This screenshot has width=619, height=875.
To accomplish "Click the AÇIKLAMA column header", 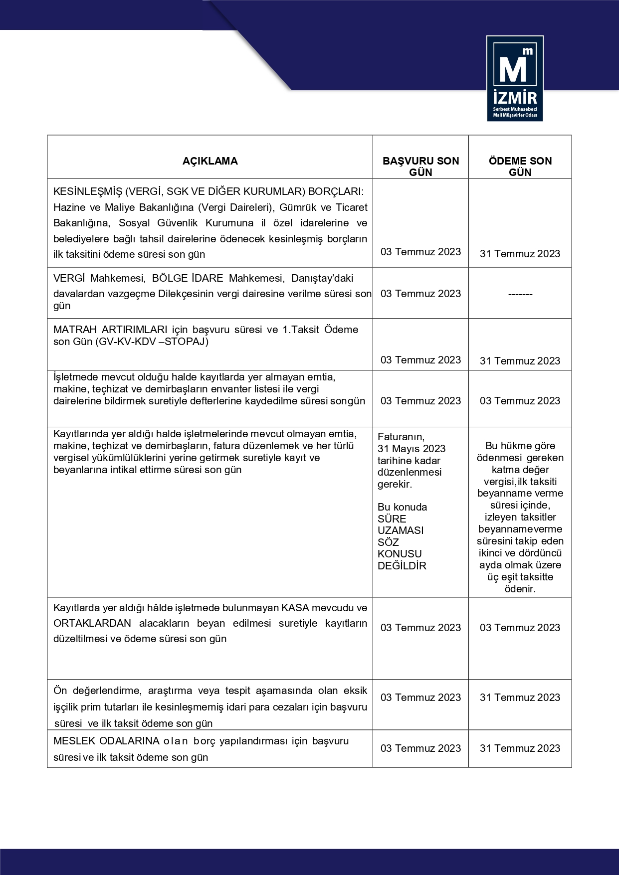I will [210, 161].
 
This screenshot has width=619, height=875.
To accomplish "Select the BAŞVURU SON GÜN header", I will [420, 167].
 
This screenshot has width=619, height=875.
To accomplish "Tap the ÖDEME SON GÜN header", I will [520, 167].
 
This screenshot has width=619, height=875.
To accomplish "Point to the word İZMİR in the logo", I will [515, 97].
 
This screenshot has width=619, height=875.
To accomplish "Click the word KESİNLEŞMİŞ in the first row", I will [88, 191].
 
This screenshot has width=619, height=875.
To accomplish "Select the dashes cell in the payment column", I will [520, 294].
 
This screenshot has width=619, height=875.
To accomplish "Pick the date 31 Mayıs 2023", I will [412, 449].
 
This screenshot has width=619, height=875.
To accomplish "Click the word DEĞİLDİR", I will [402, 566].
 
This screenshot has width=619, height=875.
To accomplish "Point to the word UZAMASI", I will [401, 530].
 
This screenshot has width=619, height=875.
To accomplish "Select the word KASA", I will [295, 608].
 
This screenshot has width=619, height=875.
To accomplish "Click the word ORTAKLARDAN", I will [92, 623].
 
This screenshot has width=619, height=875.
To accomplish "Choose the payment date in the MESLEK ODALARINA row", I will [520, 748].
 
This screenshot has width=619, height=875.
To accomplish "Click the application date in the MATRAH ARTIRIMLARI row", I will [420, 360].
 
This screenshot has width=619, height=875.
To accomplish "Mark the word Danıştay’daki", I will [322, 278].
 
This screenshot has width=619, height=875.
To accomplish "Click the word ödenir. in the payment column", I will [520, 589].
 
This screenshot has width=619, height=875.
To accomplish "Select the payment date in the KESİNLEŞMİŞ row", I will [520, 254].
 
